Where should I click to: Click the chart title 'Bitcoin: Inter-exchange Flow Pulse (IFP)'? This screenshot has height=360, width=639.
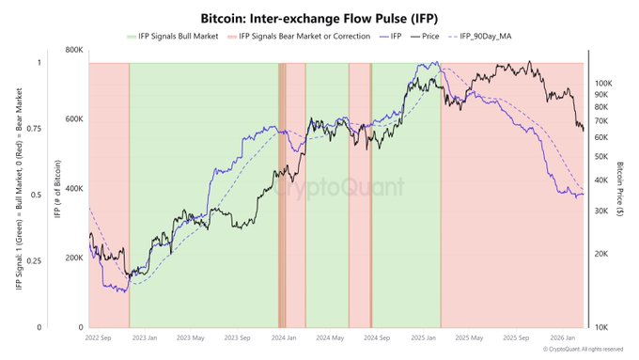319,18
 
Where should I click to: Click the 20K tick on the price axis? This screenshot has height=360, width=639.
598,255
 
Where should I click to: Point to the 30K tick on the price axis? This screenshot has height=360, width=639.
598,211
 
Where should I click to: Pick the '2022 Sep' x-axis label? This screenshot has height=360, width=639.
100,337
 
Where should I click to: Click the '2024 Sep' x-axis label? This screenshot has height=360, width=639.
376,337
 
